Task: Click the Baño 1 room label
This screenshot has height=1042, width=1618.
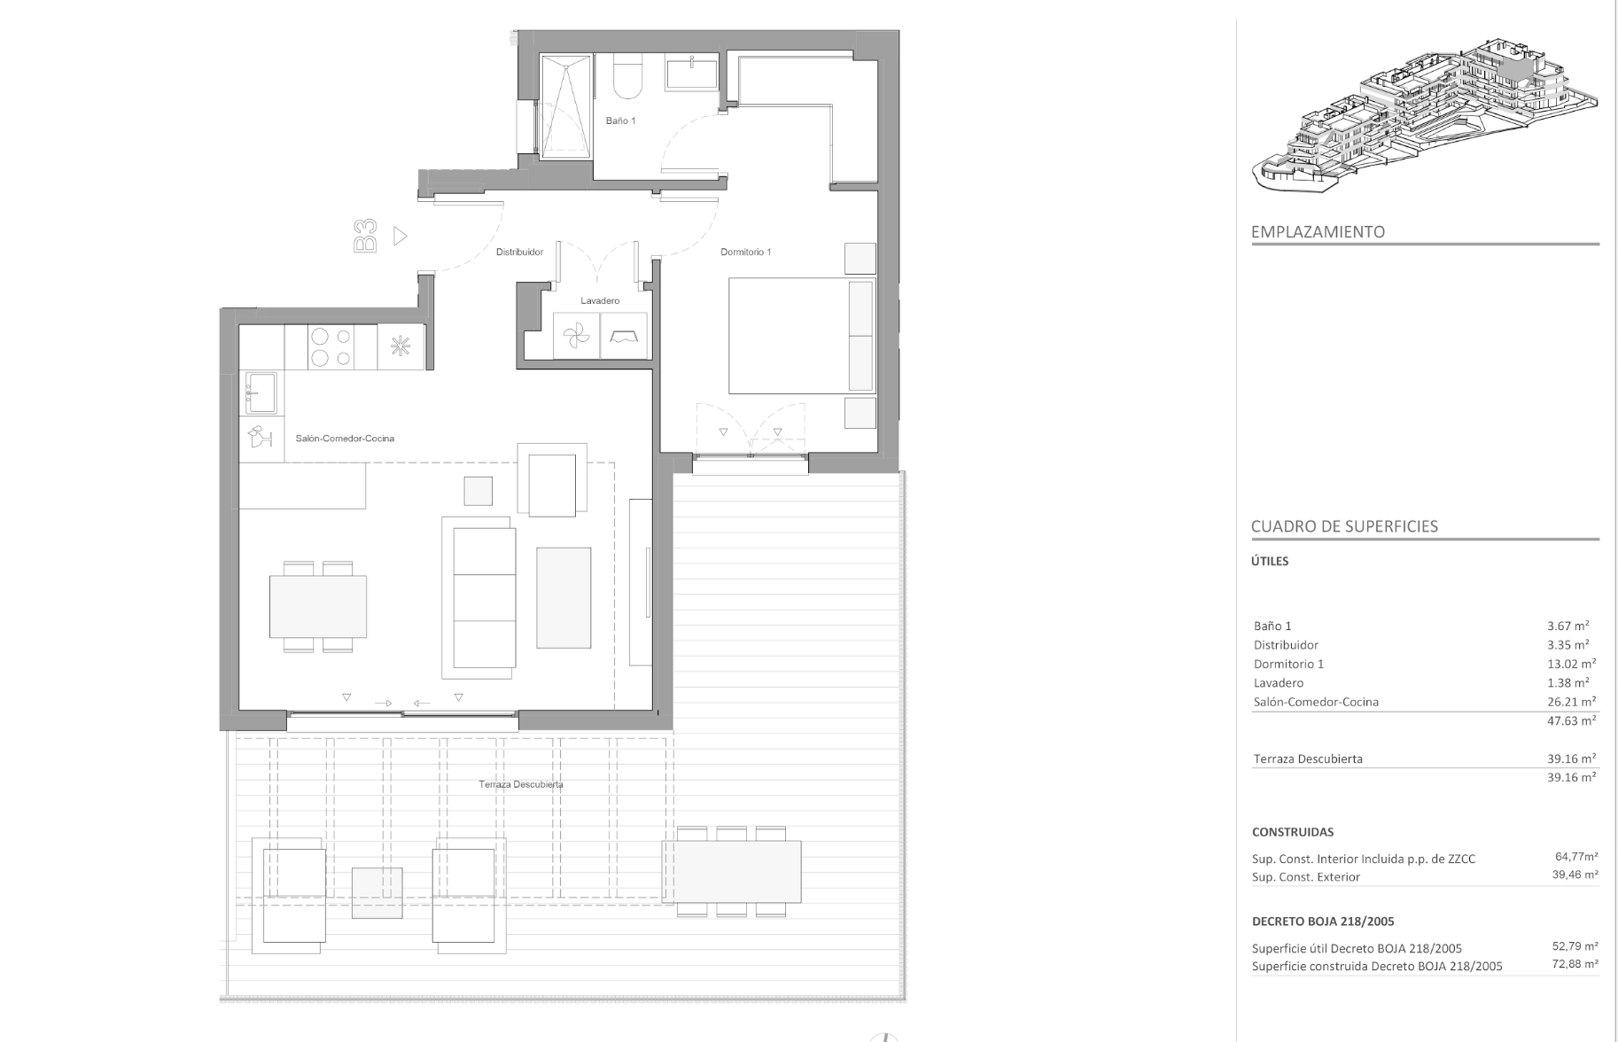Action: [x=620, y=121]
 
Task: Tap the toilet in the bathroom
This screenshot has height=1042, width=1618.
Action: [x=628, y=76]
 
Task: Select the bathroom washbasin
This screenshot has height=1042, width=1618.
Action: [x=692, y=72]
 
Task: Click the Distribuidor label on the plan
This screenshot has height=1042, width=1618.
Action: [x=519, y=253]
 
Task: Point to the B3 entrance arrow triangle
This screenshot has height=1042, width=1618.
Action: [x=400, y=237]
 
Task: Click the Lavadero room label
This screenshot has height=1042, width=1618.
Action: [x=600, y=301]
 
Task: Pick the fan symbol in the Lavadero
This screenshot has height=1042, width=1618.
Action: [x=576, y=337]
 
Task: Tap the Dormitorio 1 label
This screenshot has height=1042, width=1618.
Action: [x=745, y=253]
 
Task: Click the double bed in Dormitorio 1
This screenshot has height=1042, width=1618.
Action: [x=802, y=336]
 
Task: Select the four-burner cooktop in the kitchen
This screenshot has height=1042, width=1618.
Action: [x=331, y=346]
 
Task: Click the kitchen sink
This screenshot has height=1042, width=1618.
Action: [x=261, y=393]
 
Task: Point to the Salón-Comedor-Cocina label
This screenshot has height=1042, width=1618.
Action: [x=345, y=439]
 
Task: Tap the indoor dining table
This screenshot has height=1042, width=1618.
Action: [x=318, y=607]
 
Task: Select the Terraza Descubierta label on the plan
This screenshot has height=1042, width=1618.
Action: [x=521, y=784]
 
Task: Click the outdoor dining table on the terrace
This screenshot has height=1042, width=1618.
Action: [x=731, y=872]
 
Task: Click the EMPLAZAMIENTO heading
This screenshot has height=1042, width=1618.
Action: [x=1318, y=232]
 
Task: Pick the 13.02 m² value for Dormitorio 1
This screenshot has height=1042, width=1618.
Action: [x=1571, y=664]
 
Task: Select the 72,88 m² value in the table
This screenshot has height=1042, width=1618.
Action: [x=1575, y=965]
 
